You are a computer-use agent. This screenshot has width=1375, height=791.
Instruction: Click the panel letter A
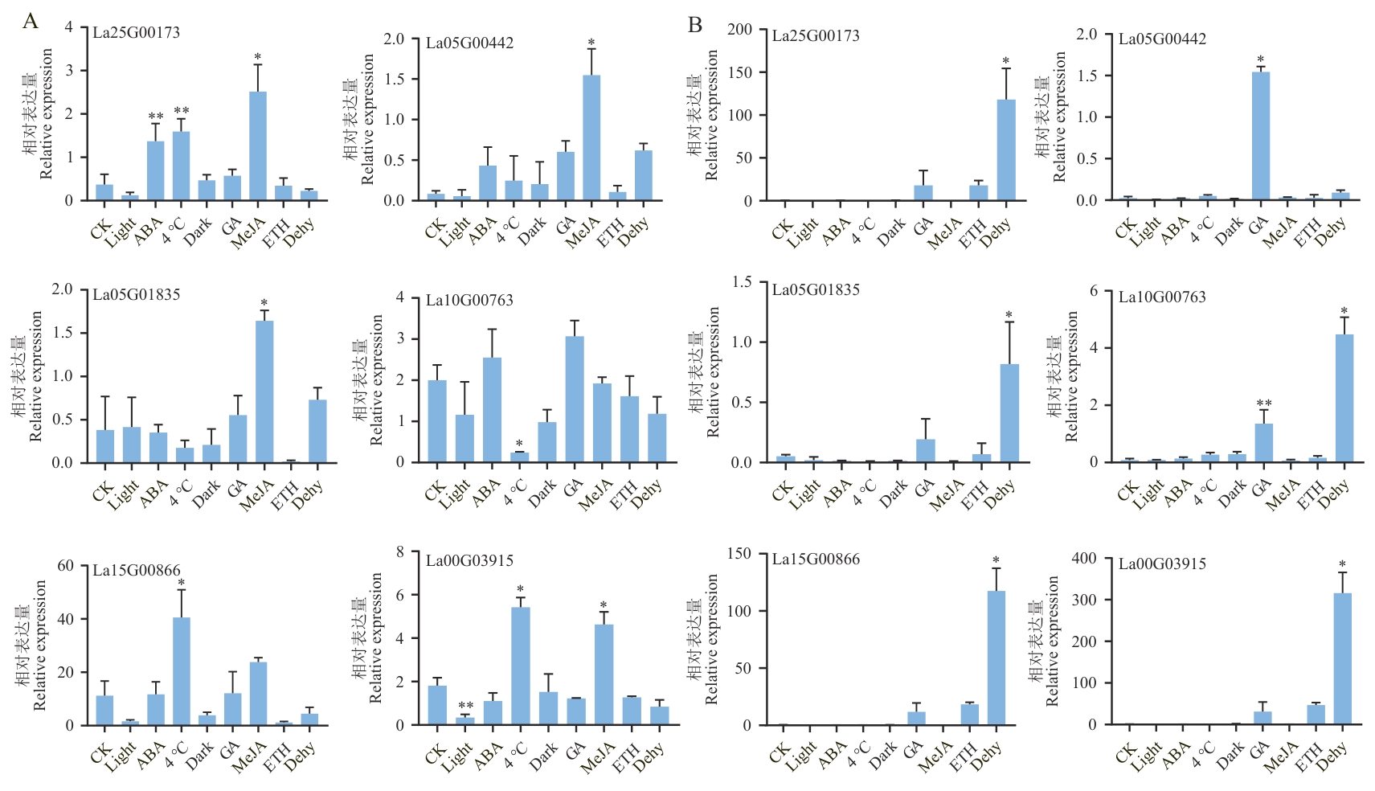point(31,21)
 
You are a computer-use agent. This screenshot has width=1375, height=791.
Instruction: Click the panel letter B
point(695,26)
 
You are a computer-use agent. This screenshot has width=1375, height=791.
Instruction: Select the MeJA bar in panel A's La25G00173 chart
point(258,145)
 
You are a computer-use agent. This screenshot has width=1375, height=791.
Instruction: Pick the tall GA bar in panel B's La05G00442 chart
point(1261,136)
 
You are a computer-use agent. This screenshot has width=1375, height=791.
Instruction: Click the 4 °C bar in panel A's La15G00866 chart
point(182,671)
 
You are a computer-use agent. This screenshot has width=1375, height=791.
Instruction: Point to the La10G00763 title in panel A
point(469,300)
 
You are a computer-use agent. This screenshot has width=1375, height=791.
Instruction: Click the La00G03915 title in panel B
point(1162,564)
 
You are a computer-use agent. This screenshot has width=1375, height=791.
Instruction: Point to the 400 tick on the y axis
point(1085,558)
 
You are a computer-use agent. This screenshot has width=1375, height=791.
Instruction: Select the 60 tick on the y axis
point(66,566)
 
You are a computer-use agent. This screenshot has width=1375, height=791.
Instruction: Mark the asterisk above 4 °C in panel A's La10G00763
point(520,444)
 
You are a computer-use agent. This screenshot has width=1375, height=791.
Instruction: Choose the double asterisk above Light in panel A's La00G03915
point(465,706)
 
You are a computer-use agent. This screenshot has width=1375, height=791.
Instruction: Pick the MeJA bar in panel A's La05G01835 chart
point(264,391)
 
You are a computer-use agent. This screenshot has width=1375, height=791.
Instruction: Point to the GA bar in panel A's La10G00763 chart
point(575,399)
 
